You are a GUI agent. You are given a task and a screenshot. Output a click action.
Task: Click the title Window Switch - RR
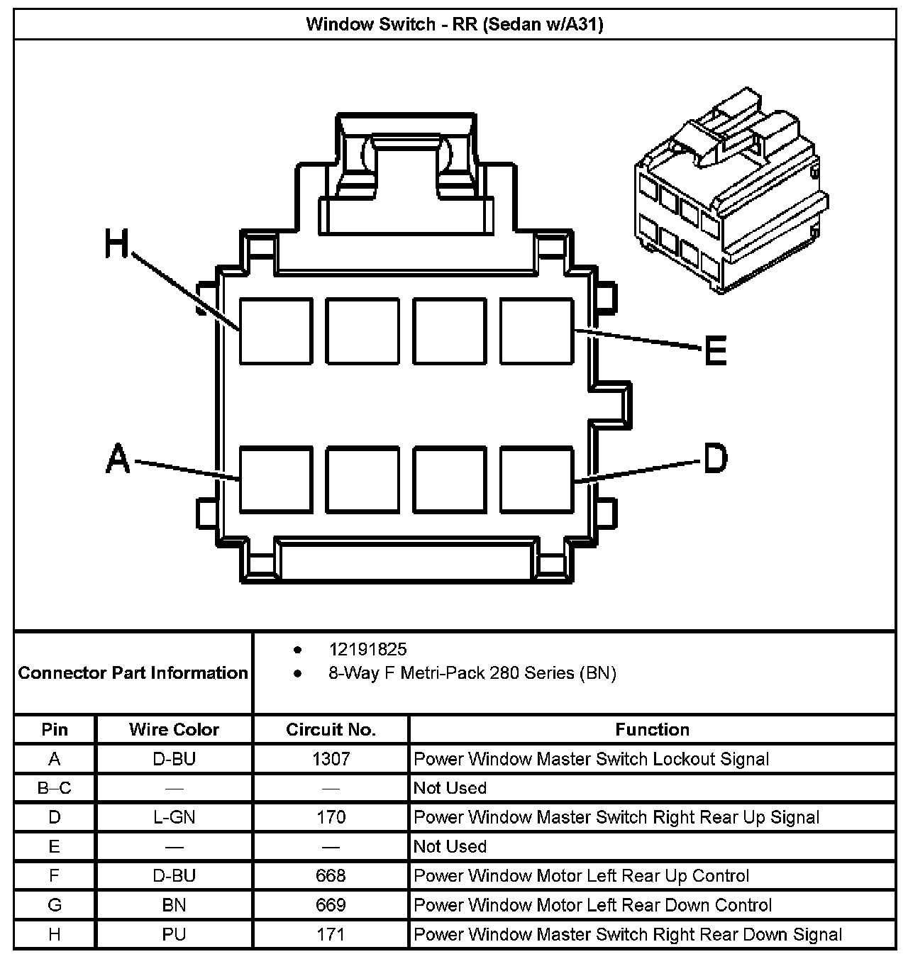[454, 25]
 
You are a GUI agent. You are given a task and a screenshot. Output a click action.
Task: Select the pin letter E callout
[716, 349]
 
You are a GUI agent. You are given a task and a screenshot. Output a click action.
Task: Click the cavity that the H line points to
[276, 331]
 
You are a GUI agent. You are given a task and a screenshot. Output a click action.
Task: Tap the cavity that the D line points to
[537, 479]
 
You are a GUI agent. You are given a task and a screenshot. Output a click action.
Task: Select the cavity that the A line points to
[276, 479]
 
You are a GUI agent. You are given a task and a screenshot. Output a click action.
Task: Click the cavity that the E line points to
[537, 331]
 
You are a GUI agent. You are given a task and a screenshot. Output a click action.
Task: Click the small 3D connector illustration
[731, 192]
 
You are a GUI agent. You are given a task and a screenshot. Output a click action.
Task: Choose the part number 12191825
[367, 649]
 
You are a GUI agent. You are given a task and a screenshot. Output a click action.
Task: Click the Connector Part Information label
[133, 672]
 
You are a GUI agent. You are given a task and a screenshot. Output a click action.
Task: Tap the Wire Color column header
[174, 729]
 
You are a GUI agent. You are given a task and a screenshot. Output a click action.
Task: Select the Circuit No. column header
[331, 729]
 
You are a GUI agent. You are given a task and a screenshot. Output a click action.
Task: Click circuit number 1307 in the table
[331, 759]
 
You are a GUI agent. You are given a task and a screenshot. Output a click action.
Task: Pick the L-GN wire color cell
[174, 817]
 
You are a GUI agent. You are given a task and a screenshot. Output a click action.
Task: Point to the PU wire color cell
[174, 934]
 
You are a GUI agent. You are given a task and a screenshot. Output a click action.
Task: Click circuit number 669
[331, 905]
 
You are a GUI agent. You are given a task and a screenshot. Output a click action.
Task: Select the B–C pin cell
[55, 788]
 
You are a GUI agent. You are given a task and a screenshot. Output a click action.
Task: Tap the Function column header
[652, 729]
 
